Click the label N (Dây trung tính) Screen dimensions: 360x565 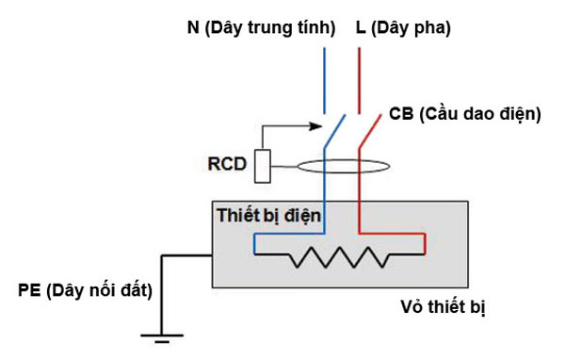(261, 28)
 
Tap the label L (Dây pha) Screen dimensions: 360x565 (402, 28)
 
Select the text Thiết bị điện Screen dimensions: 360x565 (269, 216)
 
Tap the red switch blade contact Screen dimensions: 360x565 (366, 132)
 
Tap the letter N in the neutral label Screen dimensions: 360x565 (193, 28)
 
